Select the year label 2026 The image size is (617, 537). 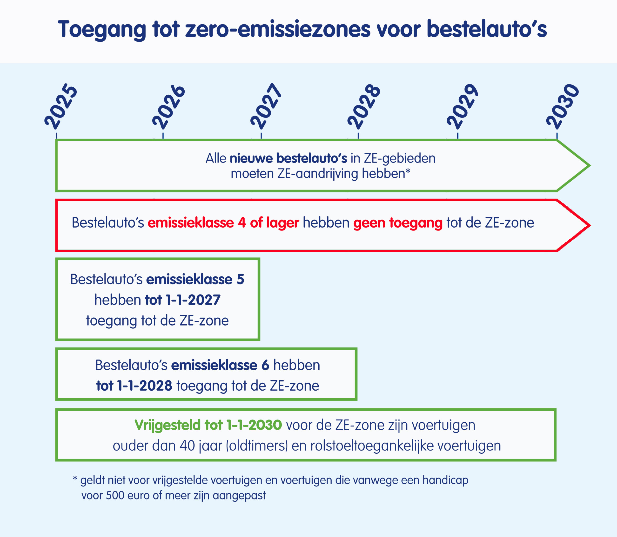[x=168, y=106]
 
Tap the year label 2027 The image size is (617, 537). [x=266, y=106]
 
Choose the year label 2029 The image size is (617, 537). [x=462, y=106]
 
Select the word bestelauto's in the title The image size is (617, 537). [x=487, y=29]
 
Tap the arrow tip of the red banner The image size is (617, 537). [x=590, y=225]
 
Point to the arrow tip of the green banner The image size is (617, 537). [x=590, y=165]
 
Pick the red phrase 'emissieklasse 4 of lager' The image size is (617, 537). [x=223, y=223]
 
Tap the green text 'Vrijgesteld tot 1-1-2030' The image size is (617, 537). [x=208, y=425]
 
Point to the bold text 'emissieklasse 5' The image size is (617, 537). [x=195, y=279]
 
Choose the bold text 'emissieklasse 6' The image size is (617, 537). [x=220, y=365]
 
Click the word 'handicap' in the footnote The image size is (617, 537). [x=445, y=480]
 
